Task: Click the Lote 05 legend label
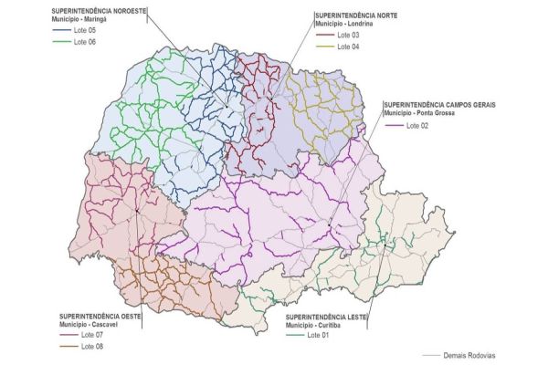pyautogui.click(x=85, y=30)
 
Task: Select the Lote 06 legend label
pyautogui.click(x=85, y=42)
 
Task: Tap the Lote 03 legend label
pyautogui.click(x=349, y=35)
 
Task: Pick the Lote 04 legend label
pyautogui.click(x=349, y=47)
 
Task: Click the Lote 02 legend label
pyautogui.click(x=417, y=125)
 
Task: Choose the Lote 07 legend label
pyautogui.click(x=92, y=334)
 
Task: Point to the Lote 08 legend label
pyautogui.click(x=92, y=346)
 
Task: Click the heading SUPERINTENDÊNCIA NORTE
pyautogui.click(x=356, y=16)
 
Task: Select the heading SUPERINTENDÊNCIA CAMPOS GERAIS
pyautogui.click(x=439, y=105)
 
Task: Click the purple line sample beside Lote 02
pyautogui.click(x=394, y=125)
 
